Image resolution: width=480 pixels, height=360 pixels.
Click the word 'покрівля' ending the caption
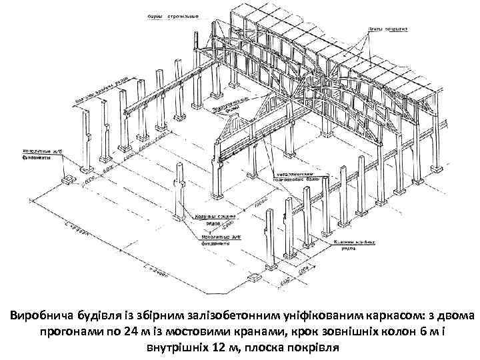tap(311, 347)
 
